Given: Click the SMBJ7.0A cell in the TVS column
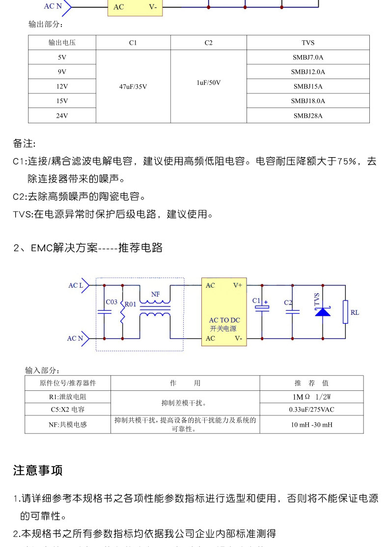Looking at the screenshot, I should point(307,57).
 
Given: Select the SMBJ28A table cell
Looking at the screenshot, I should point(307,116).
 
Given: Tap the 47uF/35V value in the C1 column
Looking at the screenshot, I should point(133,86).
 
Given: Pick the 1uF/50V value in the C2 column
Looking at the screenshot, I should point(208,82).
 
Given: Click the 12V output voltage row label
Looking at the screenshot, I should point(62,86).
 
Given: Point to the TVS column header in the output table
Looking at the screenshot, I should point(307,43).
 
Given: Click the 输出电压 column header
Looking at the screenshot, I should point(62,43).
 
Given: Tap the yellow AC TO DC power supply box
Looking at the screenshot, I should point(224,312).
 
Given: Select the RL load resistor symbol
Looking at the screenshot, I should point(346,312).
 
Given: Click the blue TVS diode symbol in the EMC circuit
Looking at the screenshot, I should point(323,311).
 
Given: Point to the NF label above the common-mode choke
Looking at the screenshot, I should point(155,294).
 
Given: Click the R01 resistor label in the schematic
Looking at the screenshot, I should point(130,304).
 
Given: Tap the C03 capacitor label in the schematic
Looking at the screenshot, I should point(111,302).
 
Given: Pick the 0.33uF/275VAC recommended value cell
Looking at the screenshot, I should point(311,410).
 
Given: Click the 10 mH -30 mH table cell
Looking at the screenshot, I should point(311,425).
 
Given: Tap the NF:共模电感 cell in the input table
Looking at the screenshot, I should point(68,425).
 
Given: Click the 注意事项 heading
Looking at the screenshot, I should point(38,470).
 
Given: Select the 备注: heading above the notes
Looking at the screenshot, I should point(24,144).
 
